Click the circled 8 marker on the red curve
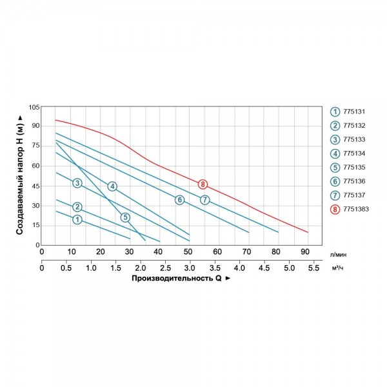(203, 184)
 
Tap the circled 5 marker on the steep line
(125, 217)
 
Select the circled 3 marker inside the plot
(77, 184)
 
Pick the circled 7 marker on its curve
(204, 200)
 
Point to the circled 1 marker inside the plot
(77, 220)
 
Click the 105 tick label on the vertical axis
(34, 106)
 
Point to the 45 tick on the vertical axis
(36, 186)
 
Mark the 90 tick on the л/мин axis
(304, 252)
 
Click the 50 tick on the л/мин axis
(188, 252)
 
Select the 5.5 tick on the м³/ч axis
(313, 267)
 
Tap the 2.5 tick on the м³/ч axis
(165, 267)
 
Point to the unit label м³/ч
(337, 268)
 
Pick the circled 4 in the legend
(335, 153)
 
